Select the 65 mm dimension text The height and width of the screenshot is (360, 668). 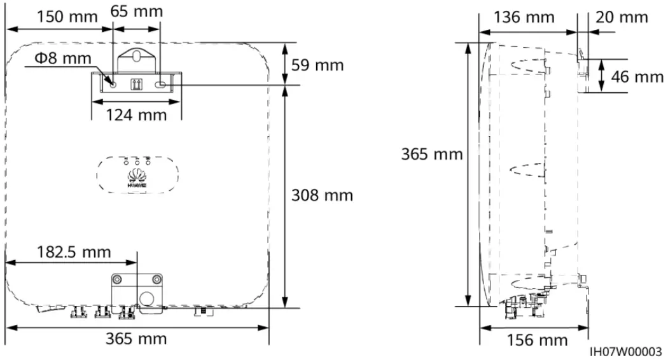coord(136,11)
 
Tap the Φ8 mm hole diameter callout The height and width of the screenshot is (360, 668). coord(62,59)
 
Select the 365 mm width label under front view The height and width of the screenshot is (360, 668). coord(136,338)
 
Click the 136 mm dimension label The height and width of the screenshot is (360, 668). coord(527,17)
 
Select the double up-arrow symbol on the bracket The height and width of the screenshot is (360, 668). coord(136,84)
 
